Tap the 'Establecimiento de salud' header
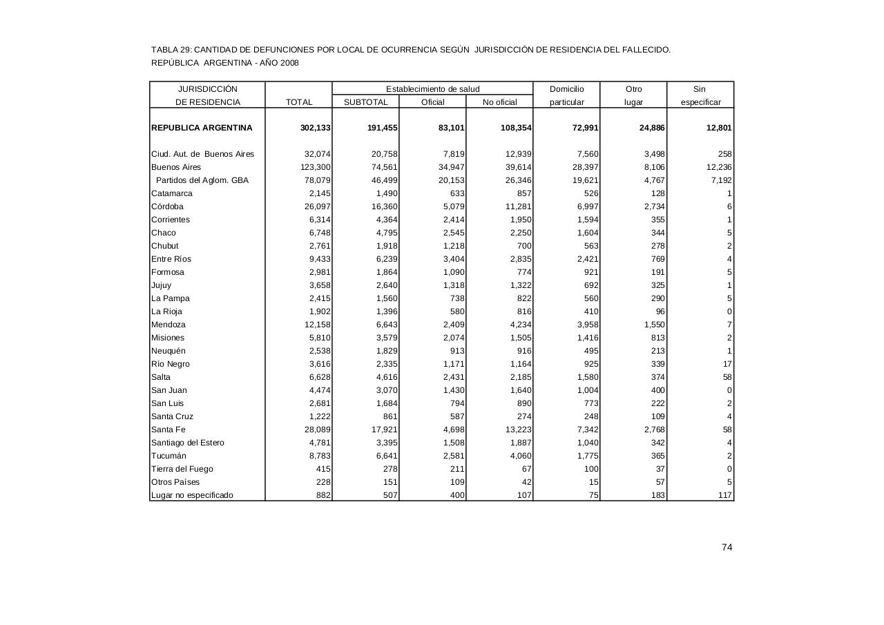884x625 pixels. (x=432, y=89)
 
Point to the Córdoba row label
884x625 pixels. (x=167, y=206)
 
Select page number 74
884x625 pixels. (x=727, y=548)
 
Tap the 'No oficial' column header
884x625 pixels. (x=499, y=102)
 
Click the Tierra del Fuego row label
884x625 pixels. (x=182, y=469)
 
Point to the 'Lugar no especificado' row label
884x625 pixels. (x=192, y=495)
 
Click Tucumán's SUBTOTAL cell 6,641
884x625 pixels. (x=384, y=456)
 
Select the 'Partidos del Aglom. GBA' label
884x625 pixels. (x=202, y=180)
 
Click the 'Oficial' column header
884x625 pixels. (x=433, y=102)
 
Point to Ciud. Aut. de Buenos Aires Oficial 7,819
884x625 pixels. (x=453, y=154)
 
